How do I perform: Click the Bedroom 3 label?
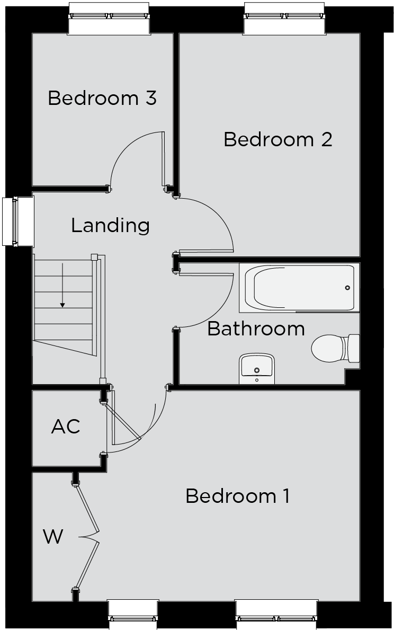(x=102, y=98)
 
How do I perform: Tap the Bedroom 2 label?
(x=278, y=139)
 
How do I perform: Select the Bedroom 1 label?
(x=237, y=496)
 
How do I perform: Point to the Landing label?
(x=111, y=226)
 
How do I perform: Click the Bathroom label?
(x=256, y=329)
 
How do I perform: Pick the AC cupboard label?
(x=66, y=427)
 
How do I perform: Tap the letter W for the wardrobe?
(x=53, y=536)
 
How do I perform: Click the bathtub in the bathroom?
(x=300, y=288)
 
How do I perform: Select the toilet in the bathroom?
(x=335, y=348)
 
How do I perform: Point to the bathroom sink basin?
(x=257, y=368)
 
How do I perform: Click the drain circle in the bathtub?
(x=347, y=288)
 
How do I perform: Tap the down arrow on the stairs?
(x=62, y=286)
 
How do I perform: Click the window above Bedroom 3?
(x=109, y=18)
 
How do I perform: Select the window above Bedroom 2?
(x=284, y=18)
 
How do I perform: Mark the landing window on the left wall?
(x=18, y=221)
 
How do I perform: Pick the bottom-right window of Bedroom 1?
(x=277, y=615)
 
